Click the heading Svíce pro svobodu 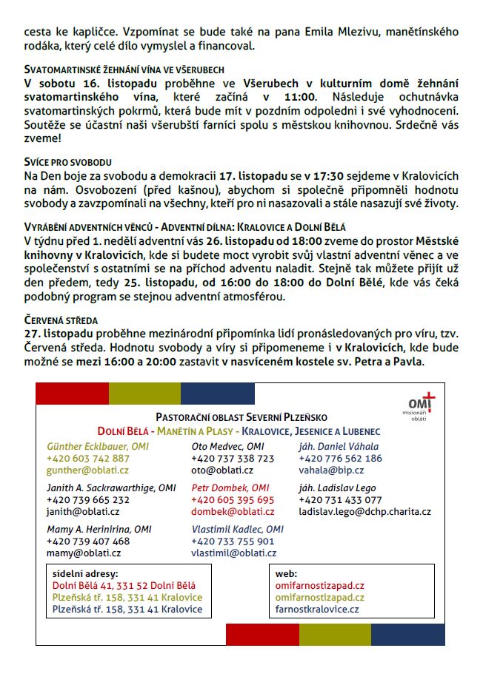(68, 161)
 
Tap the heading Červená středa (61, 320)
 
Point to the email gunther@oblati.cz (87, 470)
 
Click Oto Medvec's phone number (233, 459)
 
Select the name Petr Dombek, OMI (230, 488)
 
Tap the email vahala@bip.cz (328, 470)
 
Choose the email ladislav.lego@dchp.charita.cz (364, 512)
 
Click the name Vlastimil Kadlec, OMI (237, 530)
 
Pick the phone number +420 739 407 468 (87, 541)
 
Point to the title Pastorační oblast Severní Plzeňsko (241, 418)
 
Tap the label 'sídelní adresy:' (85, 573)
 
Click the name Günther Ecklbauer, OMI (97, 447)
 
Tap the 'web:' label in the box (286, 573)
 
